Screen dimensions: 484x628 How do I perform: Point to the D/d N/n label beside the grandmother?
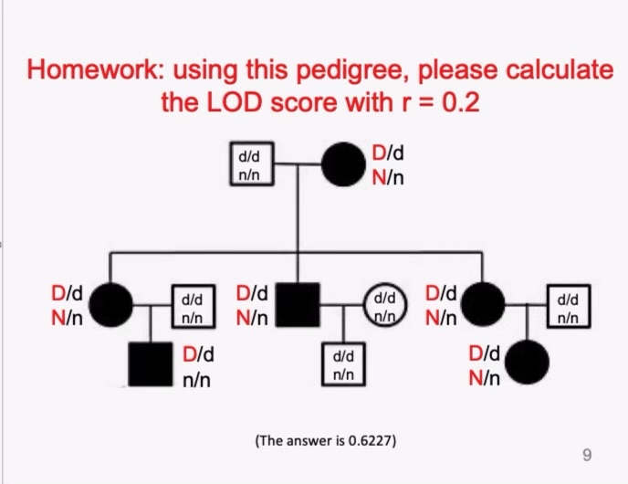click(x=389, y=164)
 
